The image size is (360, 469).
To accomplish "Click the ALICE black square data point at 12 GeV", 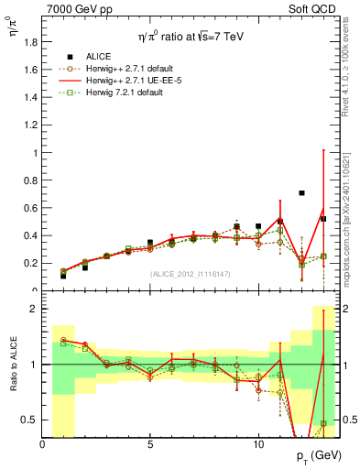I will [x=301, y=193].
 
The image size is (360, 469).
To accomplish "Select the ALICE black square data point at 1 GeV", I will [x=63, y=276].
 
